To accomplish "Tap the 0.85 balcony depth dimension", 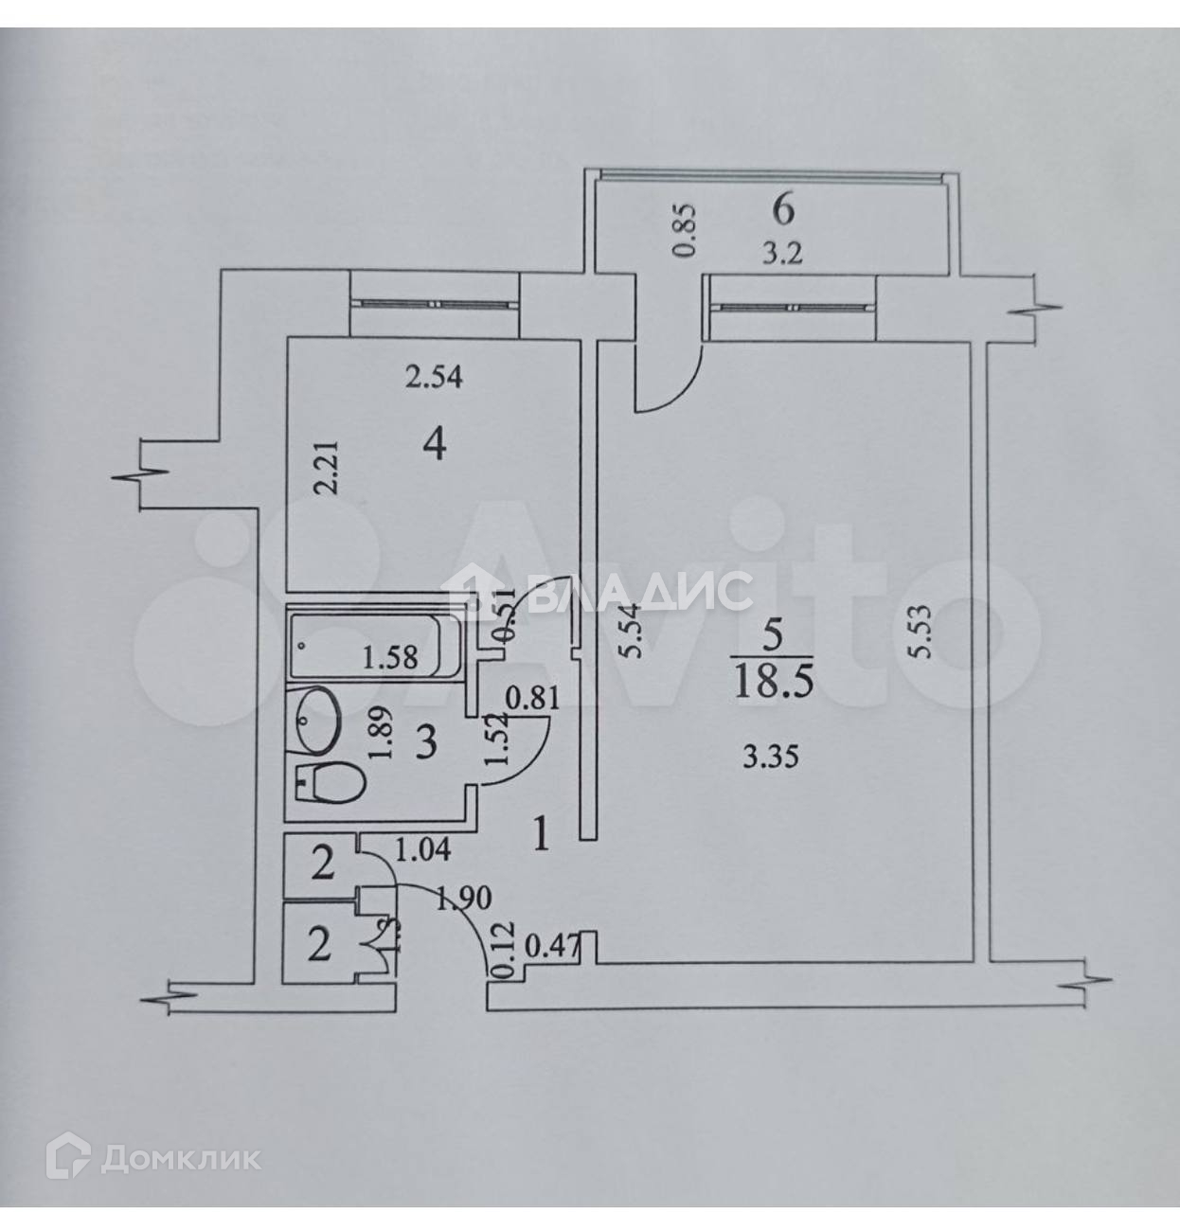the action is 687,230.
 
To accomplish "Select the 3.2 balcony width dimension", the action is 783,255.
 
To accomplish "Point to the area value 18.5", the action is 774,682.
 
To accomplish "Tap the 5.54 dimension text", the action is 635,632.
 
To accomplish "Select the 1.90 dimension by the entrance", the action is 464,897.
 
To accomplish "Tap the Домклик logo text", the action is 180,1157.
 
